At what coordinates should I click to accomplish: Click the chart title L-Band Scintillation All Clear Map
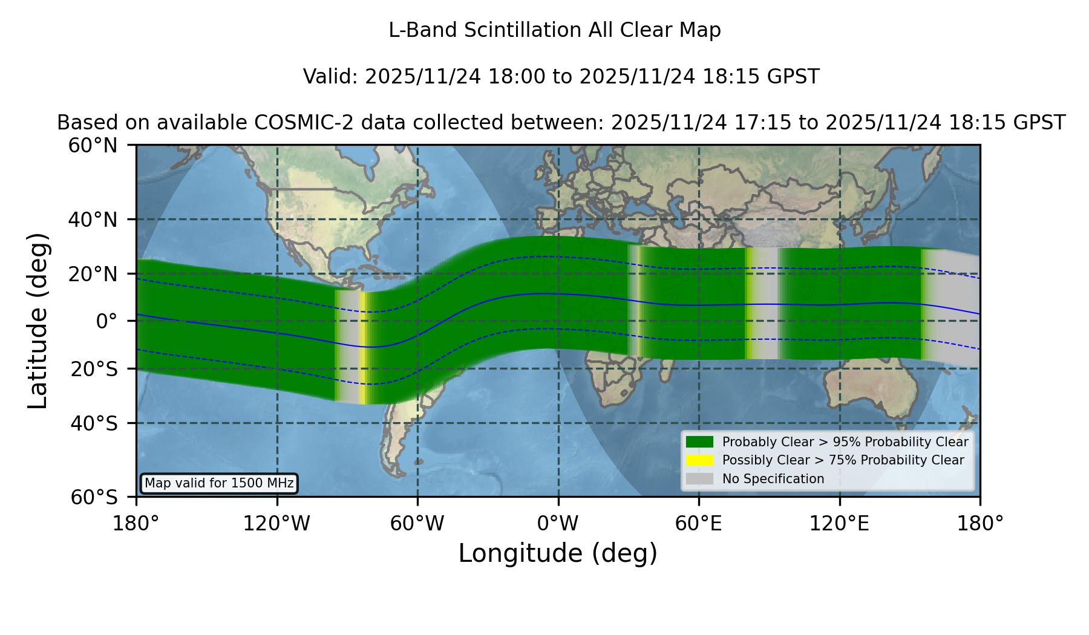(x=555, y=30)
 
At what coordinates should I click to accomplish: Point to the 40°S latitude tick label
(x=94, y=423)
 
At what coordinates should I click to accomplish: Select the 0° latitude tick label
(x=106, y=321)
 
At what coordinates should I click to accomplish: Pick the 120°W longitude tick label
(x=276, y=524)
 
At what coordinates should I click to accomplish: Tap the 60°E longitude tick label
(x=699, y=524)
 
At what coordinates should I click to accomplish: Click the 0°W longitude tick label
(x=558, y=524)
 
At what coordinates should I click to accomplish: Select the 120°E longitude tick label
(x=840, y=524)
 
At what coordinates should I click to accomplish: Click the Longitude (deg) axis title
(x=558, y=553)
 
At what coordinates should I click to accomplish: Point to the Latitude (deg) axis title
(x=38, y=321)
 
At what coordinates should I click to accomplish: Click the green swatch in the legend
(x=700, y=442)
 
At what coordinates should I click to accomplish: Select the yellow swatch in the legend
(x=700, y=460)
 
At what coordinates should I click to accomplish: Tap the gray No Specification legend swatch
(x=700, y=479)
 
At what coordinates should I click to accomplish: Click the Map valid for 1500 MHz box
(x=219, y=483)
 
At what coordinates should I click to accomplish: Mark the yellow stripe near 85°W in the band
(x=362, y=348)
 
